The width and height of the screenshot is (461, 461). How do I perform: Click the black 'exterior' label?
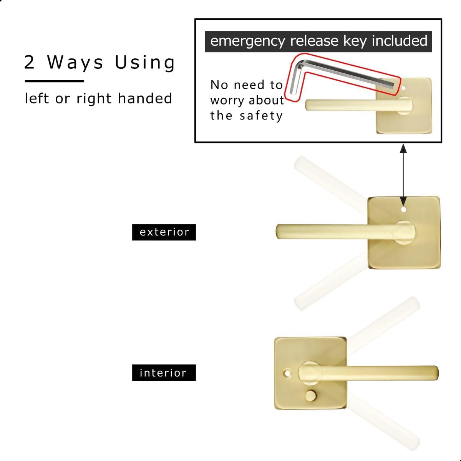tap(164, 232)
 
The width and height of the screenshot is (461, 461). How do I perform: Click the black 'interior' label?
tap(164, 373)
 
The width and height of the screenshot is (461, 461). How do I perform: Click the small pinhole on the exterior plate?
tap(403, 210)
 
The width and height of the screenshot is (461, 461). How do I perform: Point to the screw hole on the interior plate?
tap(287, 373)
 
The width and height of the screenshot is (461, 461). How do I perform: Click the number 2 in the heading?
tap(30, 63)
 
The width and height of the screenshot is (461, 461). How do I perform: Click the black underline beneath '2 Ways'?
tap(54, 81)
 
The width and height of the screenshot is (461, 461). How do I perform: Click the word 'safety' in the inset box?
tap(261, 116)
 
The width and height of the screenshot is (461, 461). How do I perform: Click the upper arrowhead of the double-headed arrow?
tap(403, 148)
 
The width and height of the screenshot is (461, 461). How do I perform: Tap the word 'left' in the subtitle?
tap(37, 98)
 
